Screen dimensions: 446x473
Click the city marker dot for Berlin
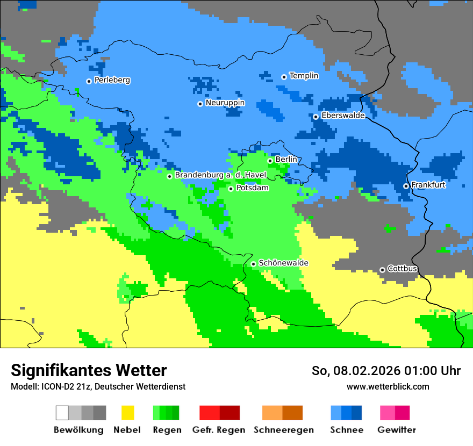[x=270, y=161]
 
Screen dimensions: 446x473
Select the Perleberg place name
[x=112, y=80]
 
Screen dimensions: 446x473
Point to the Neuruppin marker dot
[x=200, y=104]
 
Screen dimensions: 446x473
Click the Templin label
[x=304, y=76]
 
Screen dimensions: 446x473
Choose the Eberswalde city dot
[x=316, y=117]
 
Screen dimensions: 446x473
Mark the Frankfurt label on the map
[x=428, y=185]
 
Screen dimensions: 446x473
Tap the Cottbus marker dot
[x=382, y=270]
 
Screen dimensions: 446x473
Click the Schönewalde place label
[x=283, y=263]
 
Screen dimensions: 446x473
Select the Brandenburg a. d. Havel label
[x=220, y=175]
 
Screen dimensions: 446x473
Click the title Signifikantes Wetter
[x=89, y=371]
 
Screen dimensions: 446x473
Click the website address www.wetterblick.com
[x=388, y=387]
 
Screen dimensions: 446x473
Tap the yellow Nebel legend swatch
[x=127, y=413]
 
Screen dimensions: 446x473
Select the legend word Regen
[x=166, y=430]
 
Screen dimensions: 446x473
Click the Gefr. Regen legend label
[x=219, y=430]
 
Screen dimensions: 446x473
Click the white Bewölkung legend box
[x=62, y=413]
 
